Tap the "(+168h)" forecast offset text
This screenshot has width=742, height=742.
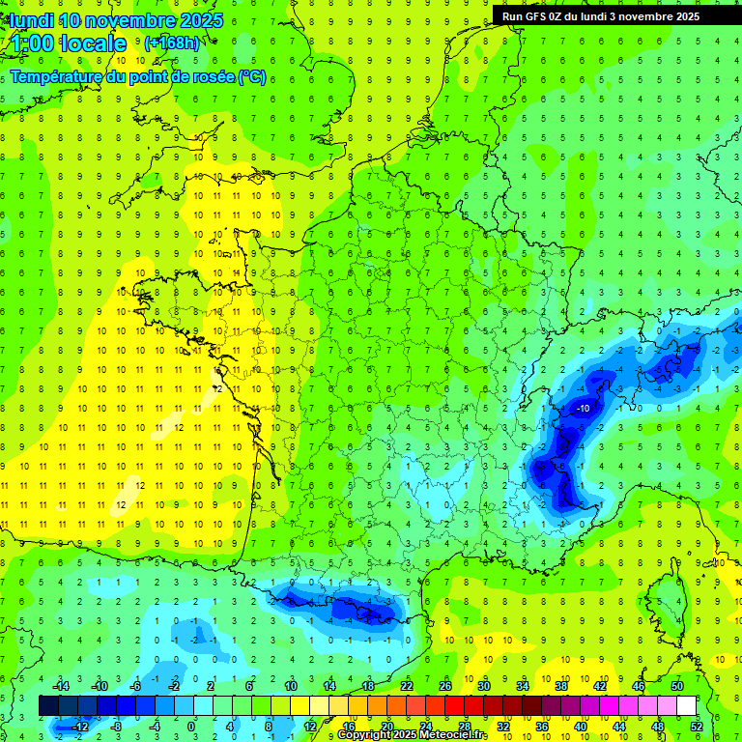(x=171, y=43)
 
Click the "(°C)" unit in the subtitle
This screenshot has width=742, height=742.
(x=252, y=77)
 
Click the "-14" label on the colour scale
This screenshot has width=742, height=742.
(x=62, y=686)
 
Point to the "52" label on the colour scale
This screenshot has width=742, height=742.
(x=697, y=726)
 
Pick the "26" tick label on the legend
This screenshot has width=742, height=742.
(x=445, y=686)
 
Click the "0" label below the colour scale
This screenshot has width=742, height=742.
(x=191, y=726)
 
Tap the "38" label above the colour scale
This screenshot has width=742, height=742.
(x=561, y=686)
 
